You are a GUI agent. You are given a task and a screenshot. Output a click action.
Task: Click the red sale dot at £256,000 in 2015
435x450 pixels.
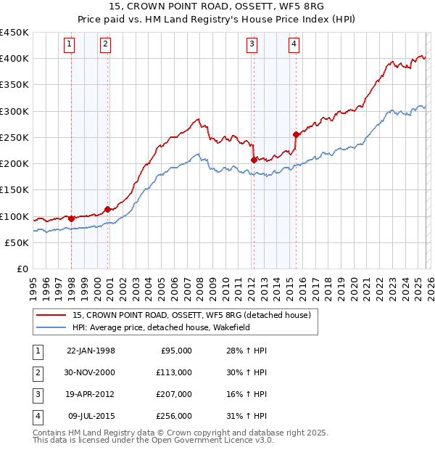296,134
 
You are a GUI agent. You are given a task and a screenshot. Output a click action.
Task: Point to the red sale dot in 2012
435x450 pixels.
254,160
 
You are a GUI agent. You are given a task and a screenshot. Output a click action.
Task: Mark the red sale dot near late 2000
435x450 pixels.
107,209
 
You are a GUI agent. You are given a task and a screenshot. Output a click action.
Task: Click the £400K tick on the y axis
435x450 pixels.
14,58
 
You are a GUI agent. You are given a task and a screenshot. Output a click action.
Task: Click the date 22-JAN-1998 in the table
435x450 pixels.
91,351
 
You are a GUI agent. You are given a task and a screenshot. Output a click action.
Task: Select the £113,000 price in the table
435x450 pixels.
175,372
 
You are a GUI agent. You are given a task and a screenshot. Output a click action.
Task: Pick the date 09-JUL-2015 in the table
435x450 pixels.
91,416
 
